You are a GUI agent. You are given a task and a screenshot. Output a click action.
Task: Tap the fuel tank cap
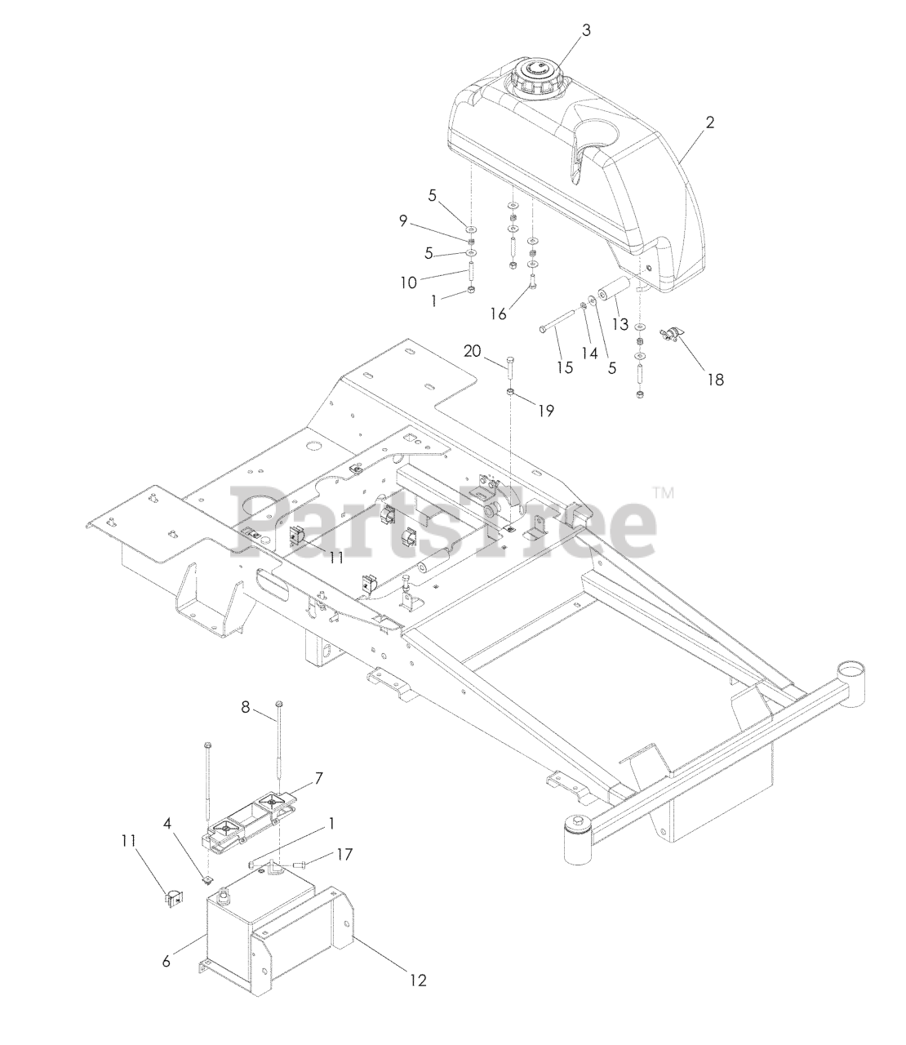[x=535, y=76]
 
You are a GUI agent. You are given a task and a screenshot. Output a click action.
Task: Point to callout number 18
[x=715, y=379]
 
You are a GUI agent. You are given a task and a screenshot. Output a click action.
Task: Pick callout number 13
[x=620, y=324]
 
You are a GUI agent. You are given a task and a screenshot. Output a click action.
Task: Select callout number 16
[x=498, y=313]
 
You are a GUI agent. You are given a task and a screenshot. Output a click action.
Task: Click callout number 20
[x=472, y=351]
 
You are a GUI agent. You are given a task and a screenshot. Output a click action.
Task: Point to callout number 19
[x=545, y=411]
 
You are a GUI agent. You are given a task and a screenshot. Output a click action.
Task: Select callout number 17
[x=344, y=855]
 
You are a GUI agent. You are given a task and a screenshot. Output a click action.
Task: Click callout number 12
[x=417, y=981]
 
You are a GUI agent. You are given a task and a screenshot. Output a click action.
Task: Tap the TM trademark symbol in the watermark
[x=663, y=492]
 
